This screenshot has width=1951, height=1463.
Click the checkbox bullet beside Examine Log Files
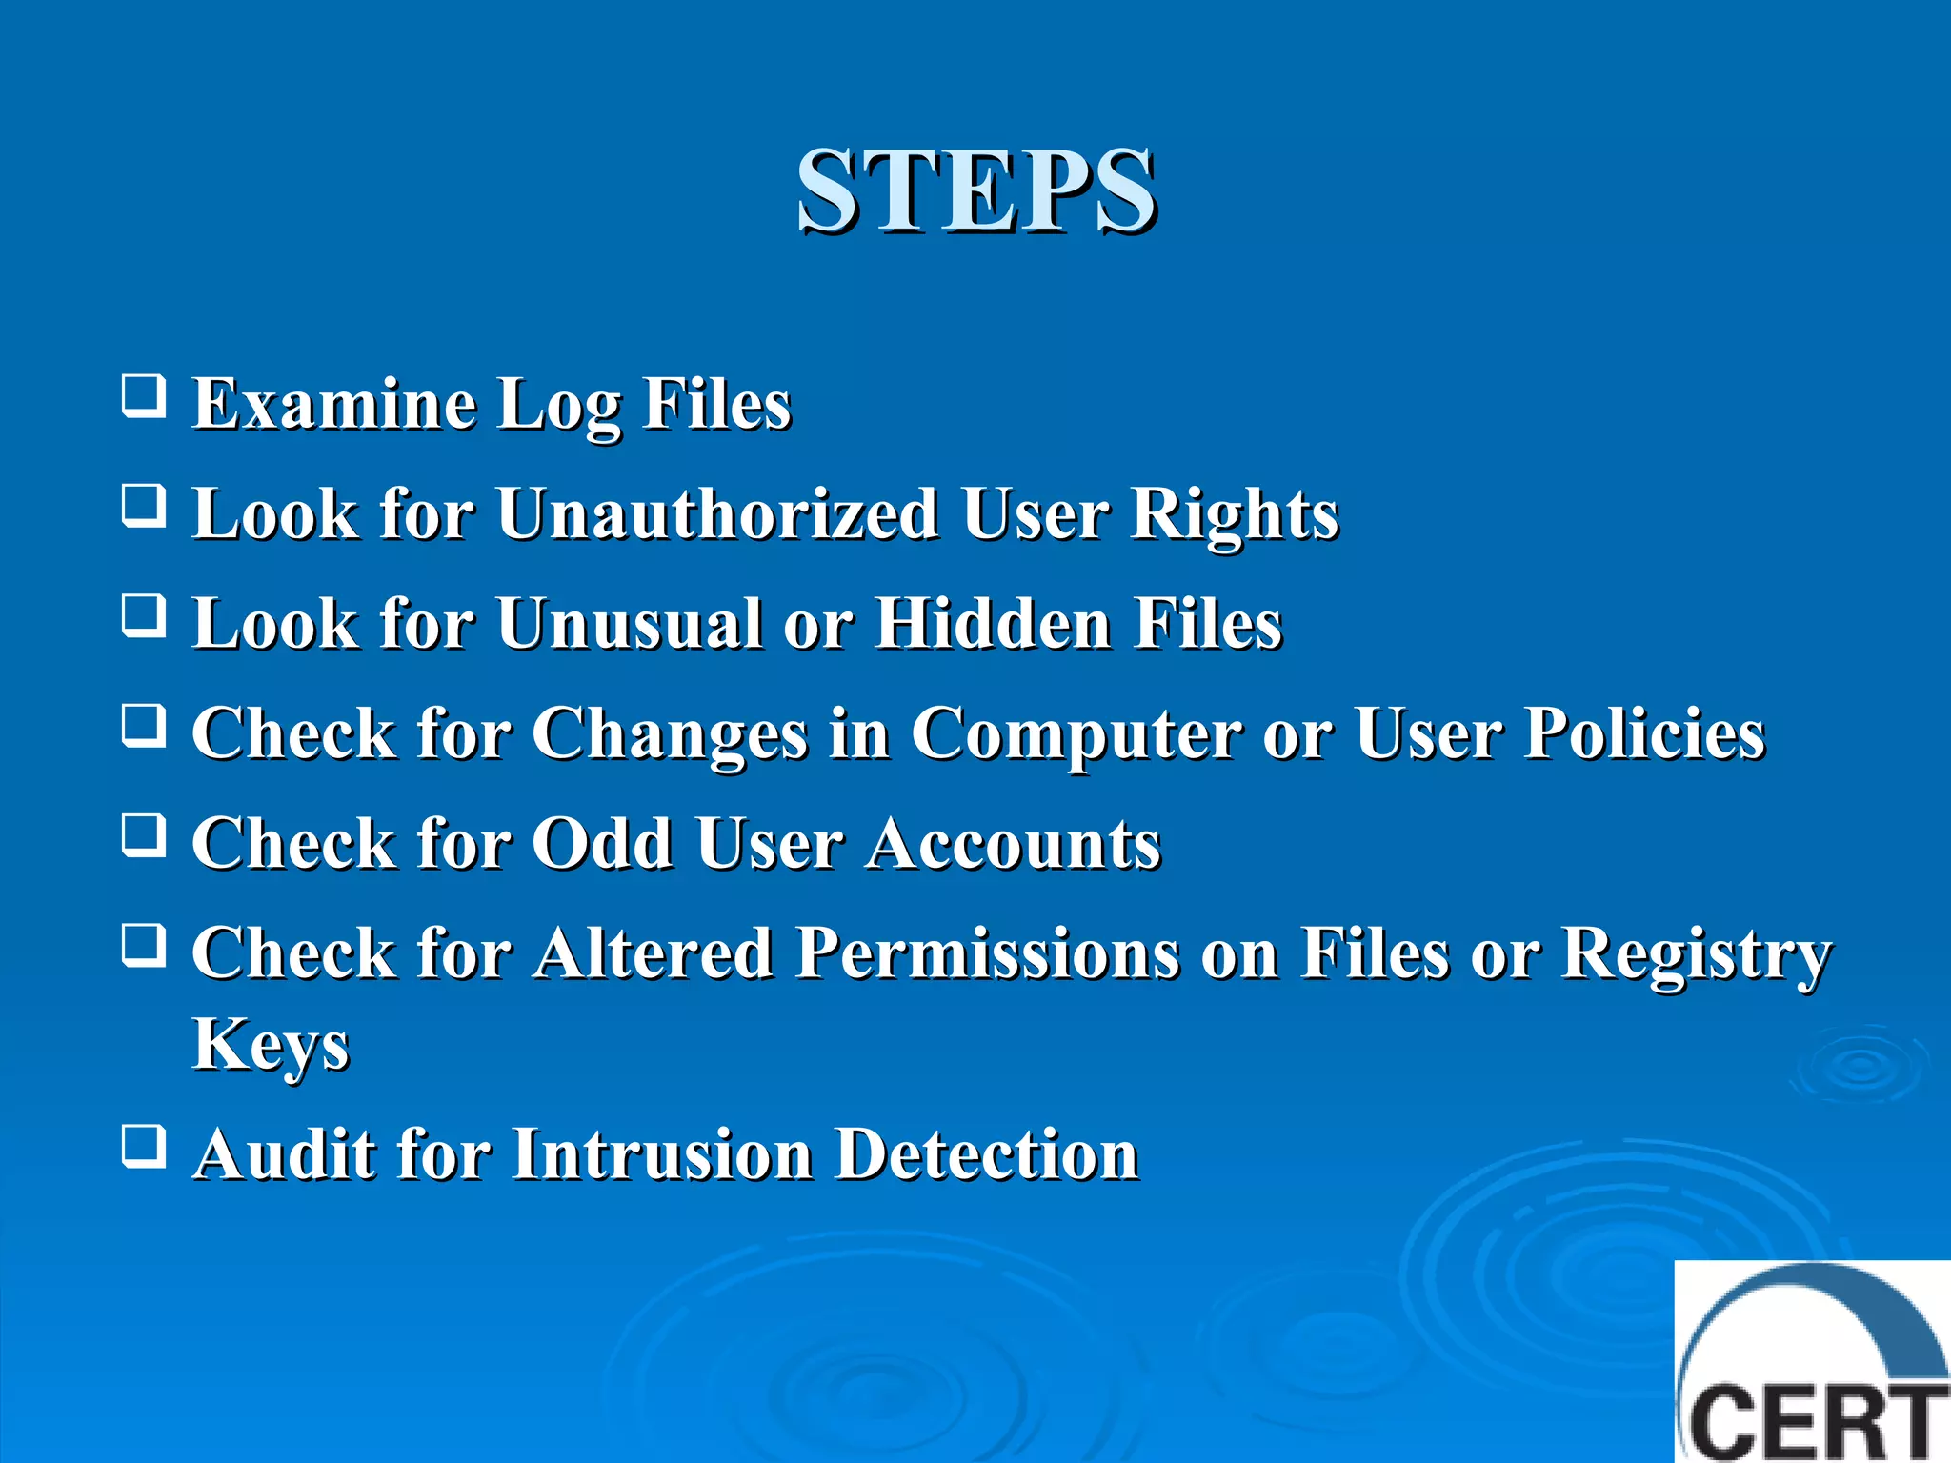[144, 395]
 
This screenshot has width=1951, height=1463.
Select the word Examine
[334, 404]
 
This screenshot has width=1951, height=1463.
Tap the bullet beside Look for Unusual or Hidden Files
[144, 615]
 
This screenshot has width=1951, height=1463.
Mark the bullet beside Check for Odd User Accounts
[144, 835]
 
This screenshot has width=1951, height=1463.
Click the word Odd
[602, 844]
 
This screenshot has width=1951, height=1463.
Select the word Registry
[1696, 955]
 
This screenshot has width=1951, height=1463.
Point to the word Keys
[271, 1046]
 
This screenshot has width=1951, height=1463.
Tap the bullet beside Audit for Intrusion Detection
[144, 1145]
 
